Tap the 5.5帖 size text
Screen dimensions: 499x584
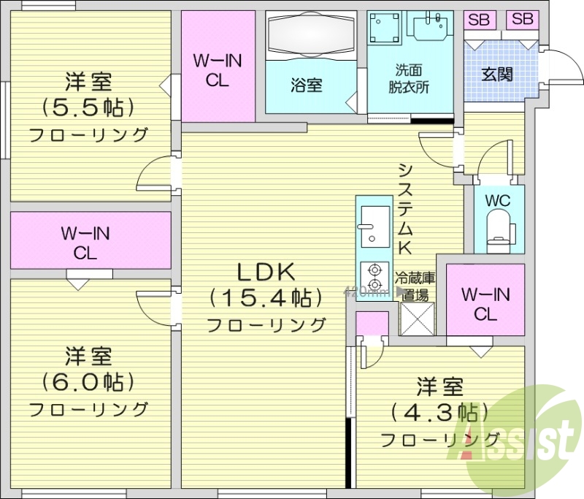[88, 107]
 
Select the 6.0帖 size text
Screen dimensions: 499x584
[88, 381]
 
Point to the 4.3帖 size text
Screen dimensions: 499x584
[439, 411]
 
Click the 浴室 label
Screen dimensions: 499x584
[307, 85]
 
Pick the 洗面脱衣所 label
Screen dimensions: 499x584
[409, 77]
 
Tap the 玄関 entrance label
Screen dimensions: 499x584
[497, 74]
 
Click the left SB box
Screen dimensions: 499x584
[480, 20]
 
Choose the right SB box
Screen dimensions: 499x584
[522, 20]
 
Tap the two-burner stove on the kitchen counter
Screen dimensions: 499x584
[374, 276]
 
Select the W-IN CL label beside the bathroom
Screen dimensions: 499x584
[217, 70]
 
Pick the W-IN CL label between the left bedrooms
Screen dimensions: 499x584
[85, 243]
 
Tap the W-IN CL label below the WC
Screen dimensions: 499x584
[485, 304]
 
